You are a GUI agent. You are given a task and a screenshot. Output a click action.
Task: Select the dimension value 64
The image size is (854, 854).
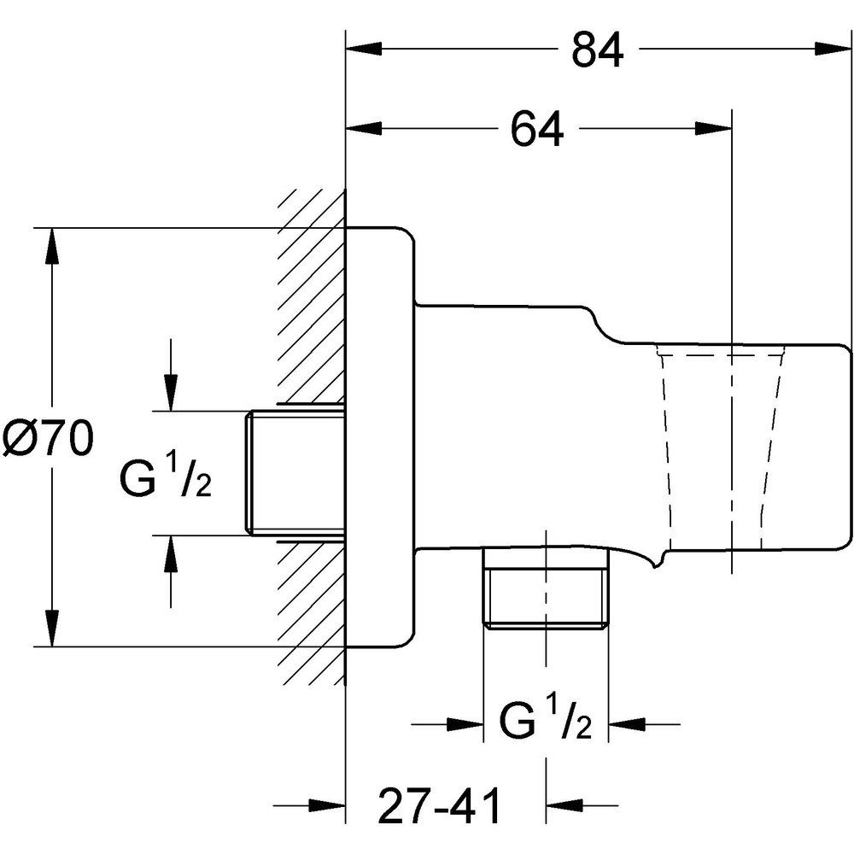tap(537, 130)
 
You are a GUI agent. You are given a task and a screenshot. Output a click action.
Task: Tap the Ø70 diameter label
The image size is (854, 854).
tap(47, 442)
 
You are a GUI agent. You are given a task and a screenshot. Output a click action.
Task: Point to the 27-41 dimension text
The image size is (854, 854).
tap(438, 804)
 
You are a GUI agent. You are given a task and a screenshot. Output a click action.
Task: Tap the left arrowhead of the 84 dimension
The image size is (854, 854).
tap(362, 50)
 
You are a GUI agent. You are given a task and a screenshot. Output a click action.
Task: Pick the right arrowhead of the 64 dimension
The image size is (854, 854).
tap(714, 129)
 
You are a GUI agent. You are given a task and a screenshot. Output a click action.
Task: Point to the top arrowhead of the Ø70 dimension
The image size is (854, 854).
tap(53, 248)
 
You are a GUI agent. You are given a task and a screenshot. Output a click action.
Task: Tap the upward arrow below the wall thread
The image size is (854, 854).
tap(172, 555)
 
